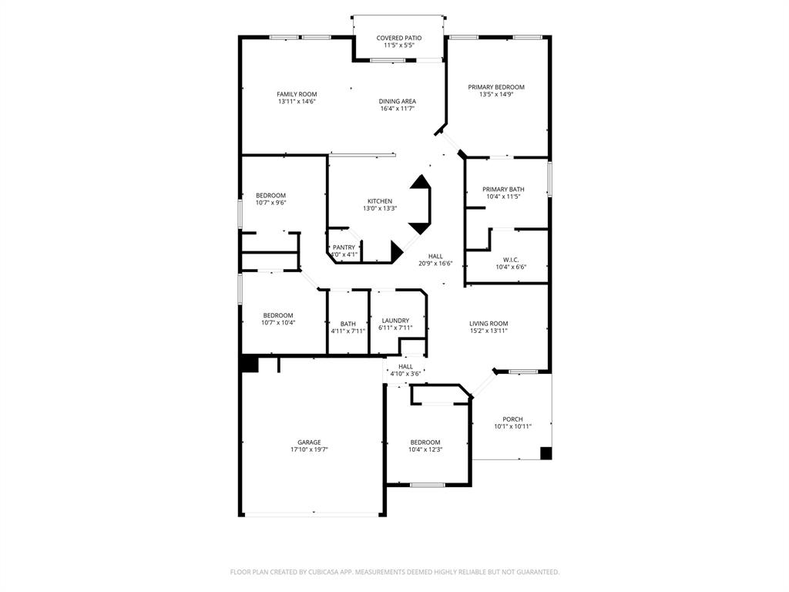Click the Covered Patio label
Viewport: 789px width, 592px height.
coord(398,38)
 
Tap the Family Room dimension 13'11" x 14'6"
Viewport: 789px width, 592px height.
coord(297,102)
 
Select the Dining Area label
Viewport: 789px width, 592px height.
coord(397,101)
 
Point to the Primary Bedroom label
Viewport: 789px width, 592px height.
coord(496,87)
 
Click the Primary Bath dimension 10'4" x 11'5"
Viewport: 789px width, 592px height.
coord(503,197)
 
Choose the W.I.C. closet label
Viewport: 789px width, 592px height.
coord(510,260)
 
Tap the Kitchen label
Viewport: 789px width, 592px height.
coord(379,201)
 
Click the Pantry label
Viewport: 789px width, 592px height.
coord(344,247)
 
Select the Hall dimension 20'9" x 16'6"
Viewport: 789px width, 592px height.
coord(435,264)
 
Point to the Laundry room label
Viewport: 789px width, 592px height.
coord(395,321)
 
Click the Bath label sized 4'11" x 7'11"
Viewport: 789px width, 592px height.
coord(348,324)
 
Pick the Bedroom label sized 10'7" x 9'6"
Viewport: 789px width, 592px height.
coord(270,195)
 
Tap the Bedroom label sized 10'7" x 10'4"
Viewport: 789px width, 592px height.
coord(277,315)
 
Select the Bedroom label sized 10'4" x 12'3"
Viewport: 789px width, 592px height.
coord(425,442)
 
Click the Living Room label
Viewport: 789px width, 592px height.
coord(489,324)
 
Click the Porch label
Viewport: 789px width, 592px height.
coord(512,419)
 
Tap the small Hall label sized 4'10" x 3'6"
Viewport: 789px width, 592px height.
coord(405,367)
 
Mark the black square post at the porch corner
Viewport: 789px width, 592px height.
coord(546,453)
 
